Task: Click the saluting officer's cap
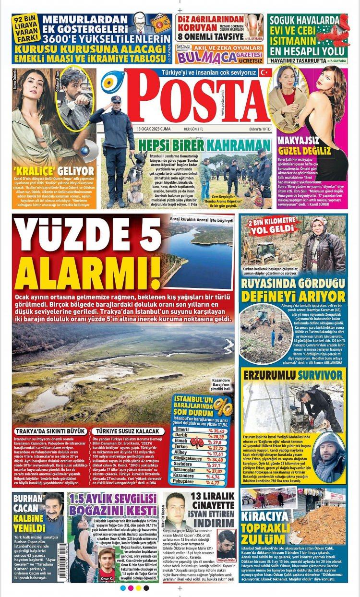[117, 100]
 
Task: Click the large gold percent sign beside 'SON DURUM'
[221, 406]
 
